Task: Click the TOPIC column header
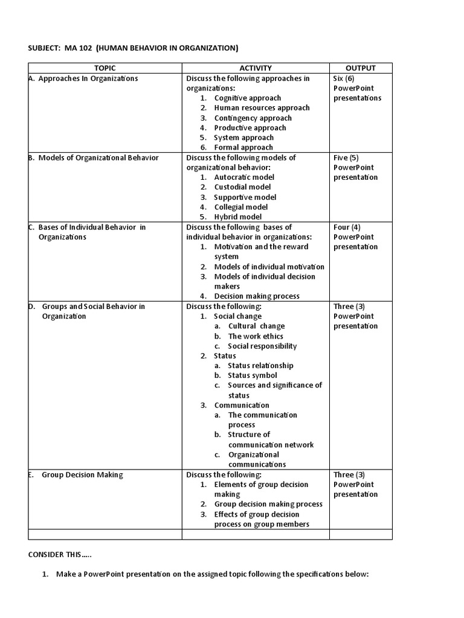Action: pos(105,68)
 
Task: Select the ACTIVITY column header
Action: pos(256,68)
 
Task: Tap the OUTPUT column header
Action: pos(361,68)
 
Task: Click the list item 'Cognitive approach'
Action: pos(247,98)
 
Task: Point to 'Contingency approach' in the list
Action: pos(253,118)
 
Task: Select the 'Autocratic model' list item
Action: pos(243,177)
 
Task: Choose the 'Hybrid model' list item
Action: pos(237,217)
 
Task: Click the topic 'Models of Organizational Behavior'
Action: pos(98,158)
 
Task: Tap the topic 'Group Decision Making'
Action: pos(82,474)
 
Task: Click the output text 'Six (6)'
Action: pos(344,78)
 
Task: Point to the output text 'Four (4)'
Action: pos(347,227)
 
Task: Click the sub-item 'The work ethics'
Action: pos(255,336)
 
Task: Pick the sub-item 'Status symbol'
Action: pos(252,375)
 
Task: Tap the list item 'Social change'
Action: pos(237,316)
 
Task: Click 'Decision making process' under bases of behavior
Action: pos(256,296)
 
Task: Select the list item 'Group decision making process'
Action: pos(268,504)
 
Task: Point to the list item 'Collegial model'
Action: pos(240,207)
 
